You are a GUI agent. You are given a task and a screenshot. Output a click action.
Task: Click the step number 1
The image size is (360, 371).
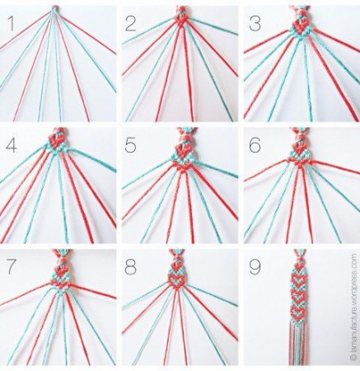(x=10, y=23)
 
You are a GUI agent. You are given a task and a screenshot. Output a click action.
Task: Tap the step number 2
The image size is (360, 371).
(x=130, y=23)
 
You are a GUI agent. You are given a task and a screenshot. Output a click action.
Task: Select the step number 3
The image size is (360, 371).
(x=255, y=23)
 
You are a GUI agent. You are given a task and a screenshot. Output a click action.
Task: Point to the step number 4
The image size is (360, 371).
(x=12, y=145)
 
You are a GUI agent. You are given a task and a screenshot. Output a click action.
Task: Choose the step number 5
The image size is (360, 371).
(x=130, y=145)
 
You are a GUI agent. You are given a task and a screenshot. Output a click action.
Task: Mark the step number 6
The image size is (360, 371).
(x=255, y=145)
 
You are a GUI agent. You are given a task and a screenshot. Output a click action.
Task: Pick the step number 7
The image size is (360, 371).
(x=12, y=267)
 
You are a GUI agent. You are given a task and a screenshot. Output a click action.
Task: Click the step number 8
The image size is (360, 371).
(x=130, y=267)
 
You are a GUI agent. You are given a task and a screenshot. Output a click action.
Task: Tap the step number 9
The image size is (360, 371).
(x=255, y=267)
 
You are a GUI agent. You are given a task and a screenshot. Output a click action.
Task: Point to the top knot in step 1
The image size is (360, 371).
(x=54, y=9)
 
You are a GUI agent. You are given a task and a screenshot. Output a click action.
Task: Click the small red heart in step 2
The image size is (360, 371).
(x=181, y=20)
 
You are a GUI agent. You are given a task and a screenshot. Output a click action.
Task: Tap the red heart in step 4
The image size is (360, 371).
(x=57, y=140)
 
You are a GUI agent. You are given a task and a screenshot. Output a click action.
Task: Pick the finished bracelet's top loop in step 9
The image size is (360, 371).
(x=299, y=256)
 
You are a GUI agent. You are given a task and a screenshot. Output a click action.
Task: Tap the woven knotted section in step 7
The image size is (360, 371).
(x=61, y=272)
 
